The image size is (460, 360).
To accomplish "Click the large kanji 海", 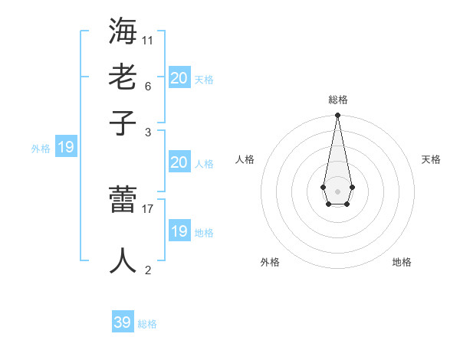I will coord(124,31).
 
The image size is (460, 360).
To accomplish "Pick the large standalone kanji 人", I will coord(124,259).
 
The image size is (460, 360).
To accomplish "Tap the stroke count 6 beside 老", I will coord(148,86).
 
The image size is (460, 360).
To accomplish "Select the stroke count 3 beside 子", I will coord(148,132).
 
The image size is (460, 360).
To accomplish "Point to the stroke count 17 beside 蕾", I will coord(148,207).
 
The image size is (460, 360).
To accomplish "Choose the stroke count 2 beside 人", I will coord(148,270).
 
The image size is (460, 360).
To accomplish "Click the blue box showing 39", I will coord(123,322).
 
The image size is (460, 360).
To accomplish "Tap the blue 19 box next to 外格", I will coord(66,148).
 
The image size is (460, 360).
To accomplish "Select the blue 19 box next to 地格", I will coord(179,231).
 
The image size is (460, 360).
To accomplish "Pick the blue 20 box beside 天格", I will coord(179,78).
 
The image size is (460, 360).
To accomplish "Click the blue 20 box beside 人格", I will coord(179,162).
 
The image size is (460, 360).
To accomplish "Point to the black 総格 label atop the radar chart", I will coord(338,100).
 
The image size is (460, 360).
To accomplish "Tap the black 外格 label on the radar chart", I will coord(270,263).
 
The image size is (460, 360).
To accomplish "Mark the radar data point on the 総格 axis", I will coord(337,116).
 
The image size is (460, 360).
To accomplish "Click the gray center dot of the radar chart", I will coord(337,191).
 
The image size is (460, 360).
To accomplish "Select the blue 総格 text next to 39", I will coord(147,324).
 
